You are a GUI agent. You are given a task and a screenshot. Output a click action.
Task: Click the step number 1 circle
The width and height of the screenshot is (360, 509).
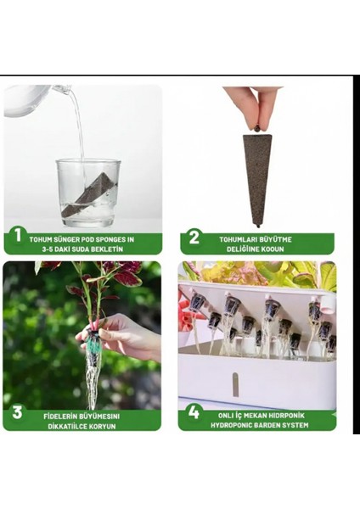[x=18, y=236]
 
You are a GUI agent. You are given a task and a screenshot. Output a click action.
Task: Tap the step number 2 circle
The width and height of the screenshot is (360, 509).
[x=194, y=238]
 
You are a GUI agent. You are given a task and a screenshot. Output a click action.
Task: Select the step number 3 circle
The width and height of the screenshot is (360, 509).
[x=17, y=412]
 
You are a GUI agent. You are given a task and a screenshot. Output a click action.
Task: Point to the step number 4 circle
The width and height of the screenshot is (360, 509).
[x=194, y=412]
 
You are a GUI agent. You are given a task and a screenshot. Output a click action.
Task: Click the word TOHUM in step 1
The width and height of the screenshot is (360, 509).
[x=41, y=240]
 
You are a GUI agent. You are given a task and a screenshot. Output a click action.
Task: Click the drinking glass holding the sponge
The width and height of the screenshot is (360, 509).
[x=87, y=193]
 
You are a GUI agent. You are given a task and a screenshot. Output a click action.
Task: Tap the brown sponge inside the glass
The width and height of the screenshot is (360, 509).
[x=88, y=195]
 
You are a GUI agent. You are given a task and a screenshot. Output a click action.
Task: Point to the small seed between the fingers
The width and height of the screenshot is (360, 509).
[x=257, y=129]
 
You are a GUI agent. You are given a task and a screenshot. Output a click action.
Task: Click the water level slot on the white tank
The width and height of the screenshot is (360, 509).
[x=235, y=384]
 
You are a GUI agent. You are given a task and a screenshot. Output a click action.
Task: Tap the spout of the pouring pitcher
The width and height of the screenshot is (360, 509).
[x=66, y=88]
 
